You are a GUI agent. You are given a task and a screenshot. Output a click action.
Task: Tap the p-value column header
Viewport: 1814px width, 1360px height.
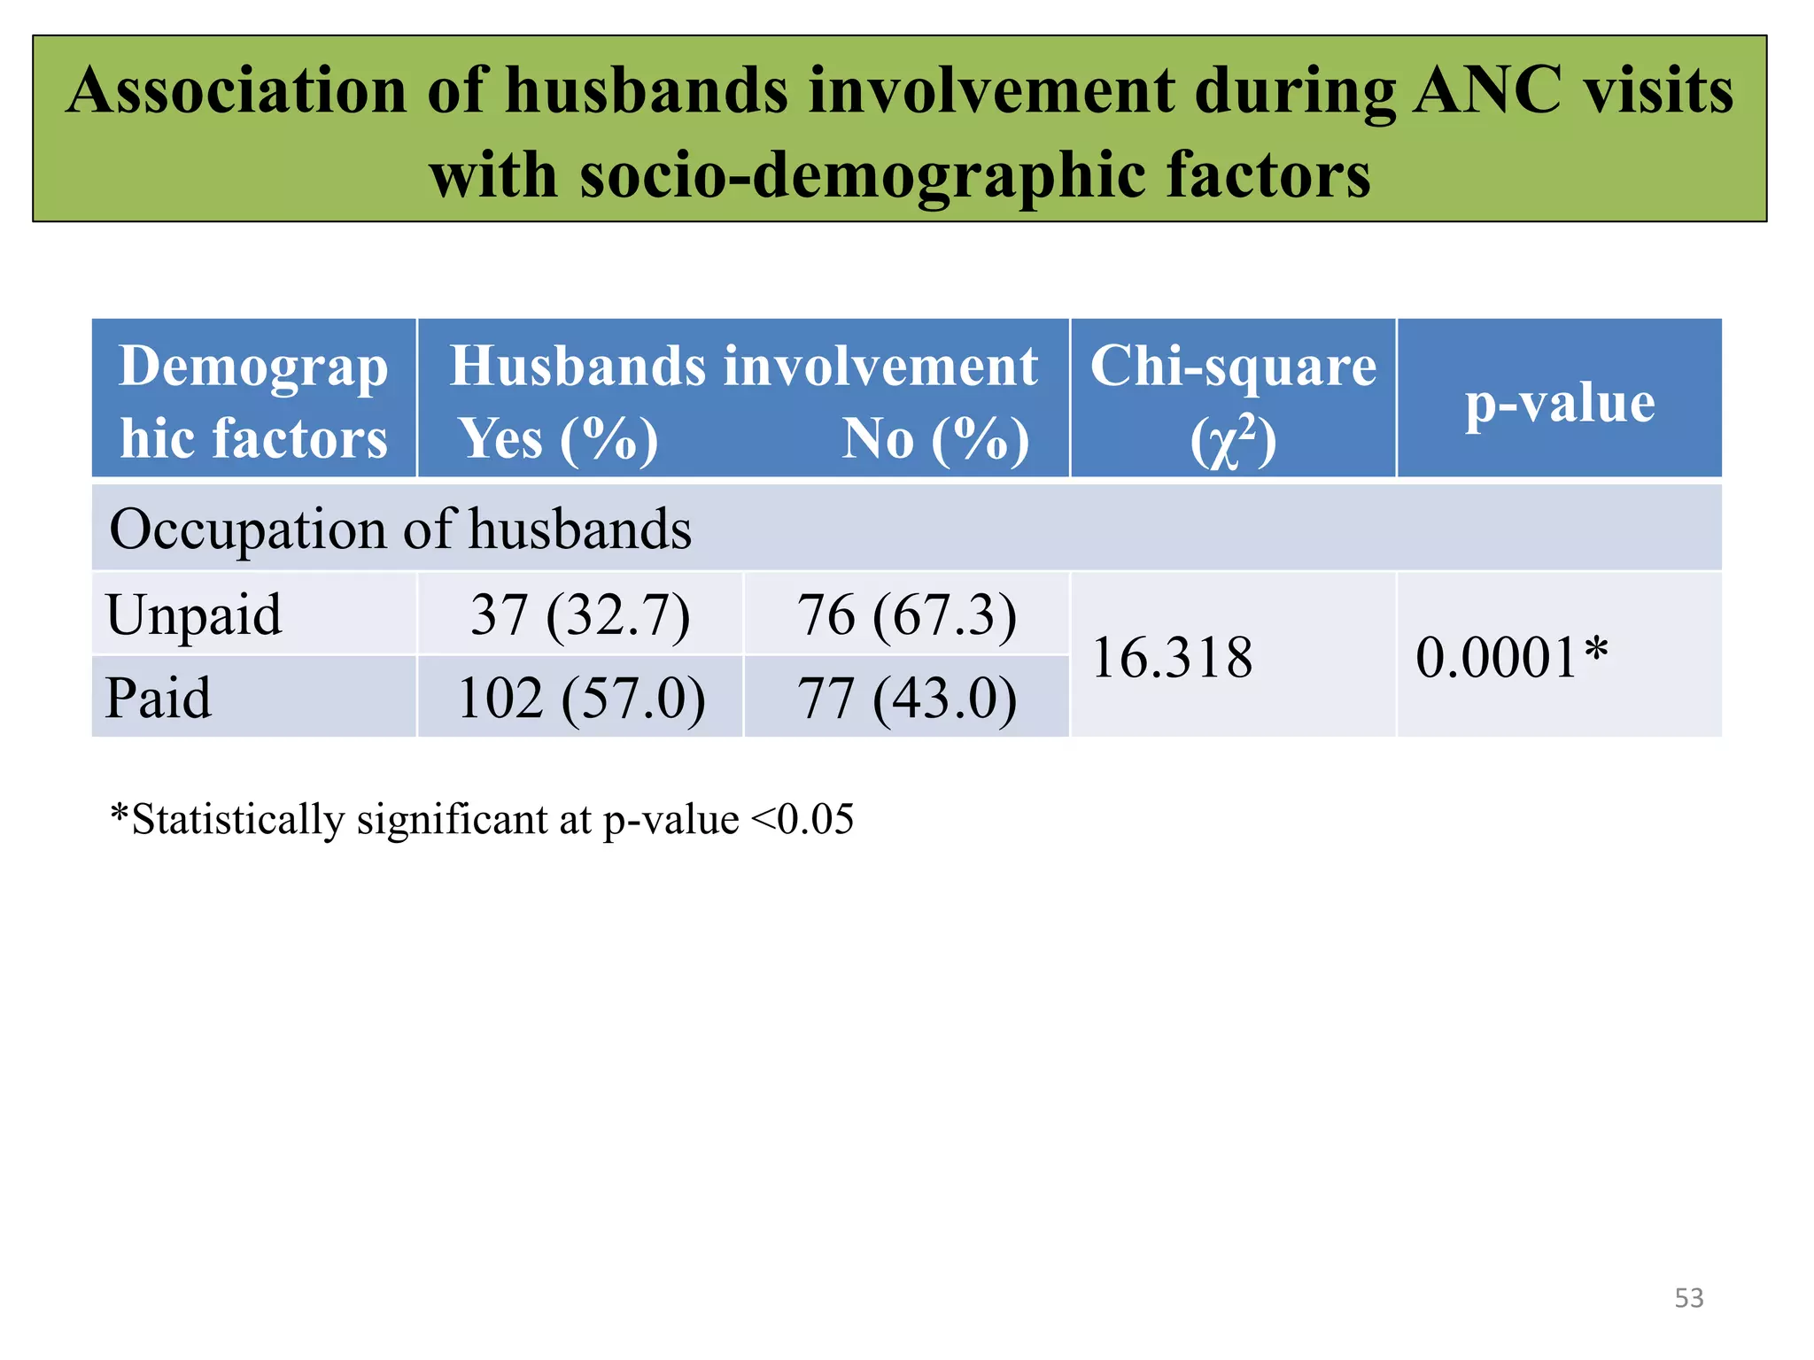[x=1559, y=403]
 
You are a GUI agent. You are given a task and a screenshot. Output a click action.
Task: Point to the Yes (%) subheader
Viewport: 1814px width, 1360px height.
[x=558, y=439]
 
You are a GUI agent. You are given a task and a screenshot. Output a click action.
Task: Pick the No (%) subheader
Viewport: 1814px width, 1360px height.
[x=935, y=439]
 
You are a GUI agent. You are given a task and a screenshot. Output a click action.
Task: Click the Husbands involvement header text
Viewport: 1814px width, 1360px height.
[x=743, y=367]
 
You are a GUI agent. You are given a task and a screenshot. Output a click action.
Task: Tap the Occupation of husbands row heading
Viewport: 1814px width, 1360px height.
[x=399, y=529]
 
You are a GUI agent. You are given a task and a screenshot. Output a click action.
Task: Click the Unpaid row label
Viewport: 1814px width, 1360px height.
[x=194, y=614]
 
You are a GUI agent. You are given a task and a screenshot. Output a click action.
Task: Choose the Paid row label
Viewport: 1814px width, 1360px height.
[x=159, y=698]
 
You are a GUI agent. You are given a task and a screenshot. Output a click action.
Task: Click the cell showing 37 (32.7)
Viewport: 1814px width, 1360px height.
[x=580, y=614]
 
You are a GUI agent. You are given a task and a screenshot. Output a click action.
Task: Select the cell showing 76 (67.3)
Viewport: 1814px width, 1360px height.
[x=907, y=614]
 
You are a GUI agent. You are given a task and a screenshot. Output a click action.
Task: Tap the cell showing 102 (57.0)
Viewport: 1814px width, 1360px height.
[x=581, y=698]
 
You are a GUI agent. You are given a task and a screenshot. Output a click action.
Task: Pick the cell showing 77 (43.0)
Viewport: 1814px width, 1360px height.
[x=907, y=698]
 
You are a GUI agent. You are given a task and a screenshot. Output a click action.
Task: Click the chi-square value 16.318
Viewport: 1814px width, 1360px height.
[x=1172, y=658]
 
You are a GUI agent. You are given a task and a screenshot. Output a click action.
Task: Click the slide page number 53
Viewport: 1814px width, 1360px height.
[x=1688, y=1298]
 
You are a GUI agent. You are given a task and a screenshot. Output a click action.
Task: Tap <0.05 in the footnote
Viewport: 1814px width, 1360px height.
[x=802, y=819]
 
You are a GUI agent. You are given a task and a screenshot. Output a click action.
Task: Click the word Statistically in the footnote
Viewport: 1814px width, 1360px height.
[x=237, y=819]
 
